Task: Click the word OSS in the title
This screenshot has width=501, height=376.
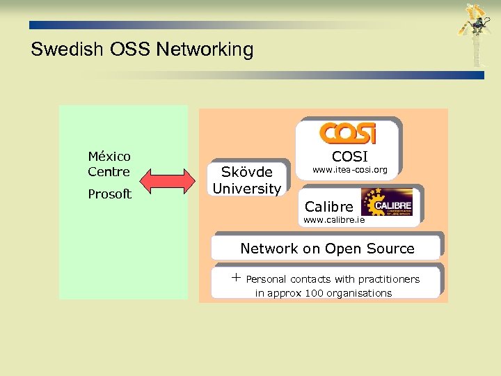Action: pyautogui.click(x=129, y=50)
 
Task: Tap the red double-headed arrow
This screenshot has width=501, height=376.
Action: pyautogui.click(x=168, y=182)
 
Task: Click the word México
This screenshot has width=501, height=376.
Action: pyautogui.click(x=109, y=157)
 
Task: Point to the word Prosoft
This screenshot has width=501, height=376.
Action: pyautogui.click(x=109, y=194)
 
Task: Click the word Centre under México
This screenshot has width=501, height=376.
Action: pyautogui.click(x=109, y=171)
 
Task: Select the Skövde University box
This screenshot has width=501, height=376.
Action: pyautogui.click(x=247, y=180)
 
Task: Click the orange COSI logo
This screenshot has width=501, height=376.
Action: pyautogui.click(x=348, y=133)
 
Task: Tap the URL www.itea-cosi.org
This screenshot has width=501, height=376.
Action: pyautogui.click(x=349, y=170)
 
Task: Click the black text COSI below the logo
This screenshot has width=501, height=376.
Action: pyautogui.click(x=349, y=156)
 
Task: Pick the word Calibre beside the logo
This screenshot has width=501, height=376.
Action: pyautogui.click(x=329, y=207)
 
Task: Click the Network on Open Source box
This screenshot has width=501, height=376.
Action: pyautogui.click(x=327, y=249)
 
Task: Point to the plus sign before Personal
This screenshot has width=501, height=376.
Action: pyautogui.click(x=236, y=279)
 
